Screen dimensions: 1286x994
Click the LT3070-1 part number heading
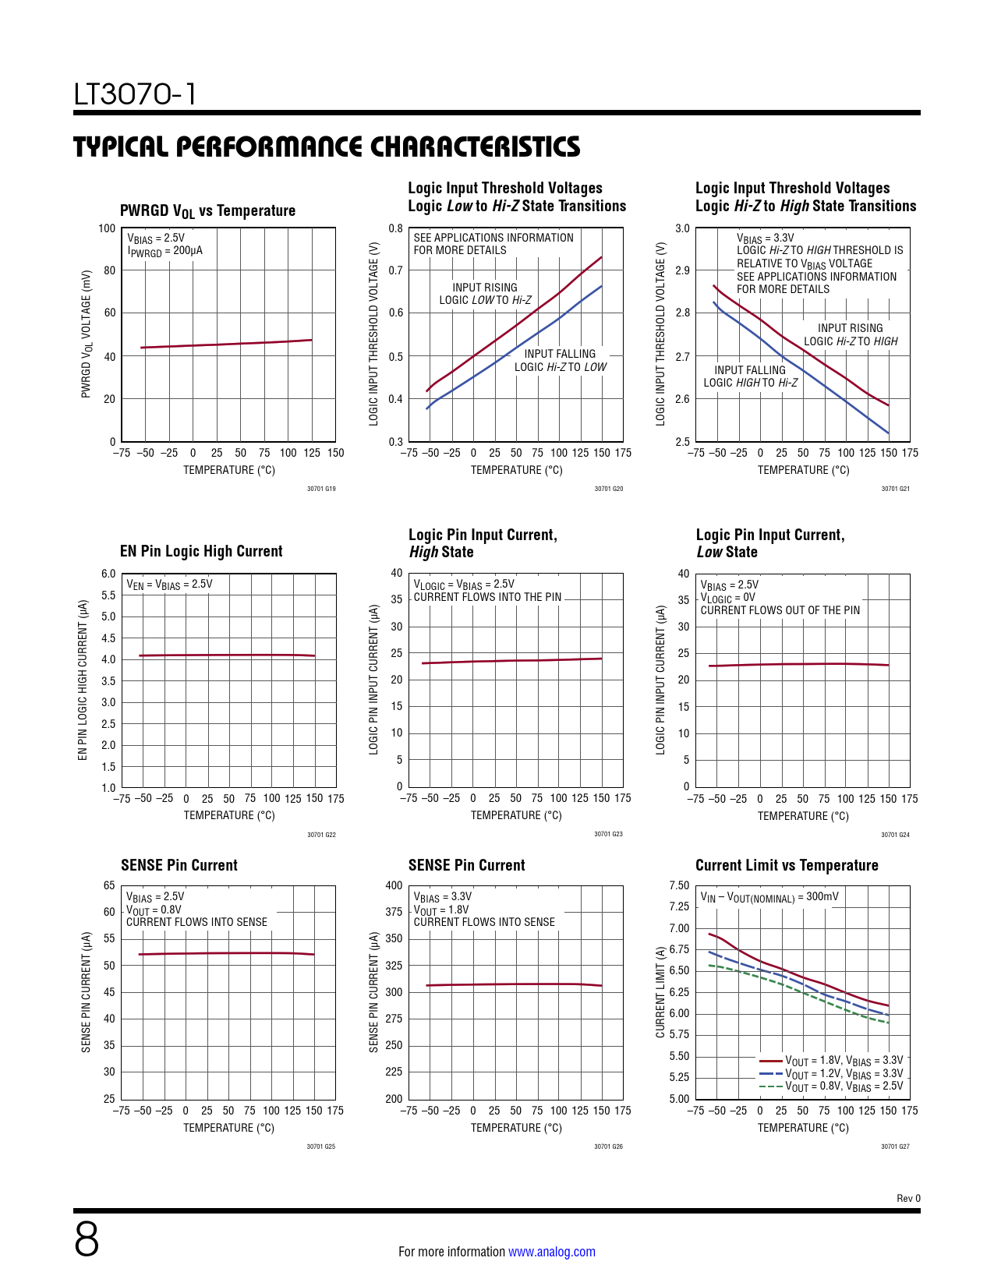coord(135,94)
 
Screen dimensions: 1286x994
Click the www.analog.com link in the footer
coord(551,1252)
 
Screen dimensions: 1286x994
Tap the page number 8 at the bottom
coord(87,1239)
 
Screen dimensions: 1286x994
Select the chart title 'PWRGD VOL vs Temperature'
coord(207,211)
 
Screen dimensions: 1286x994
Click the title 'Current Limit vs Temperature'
coord(787,865)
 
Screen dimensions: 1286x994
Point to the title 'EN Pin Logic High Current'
coord(201,551)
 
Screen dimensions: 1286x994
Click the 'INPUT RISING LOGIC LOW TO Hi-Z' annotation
coord(485,294)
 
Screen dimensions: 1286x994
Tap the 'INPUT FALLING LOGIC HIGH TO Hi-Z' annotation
coord(750,376)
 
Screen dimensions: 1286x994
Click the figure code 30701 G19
coord(321,489)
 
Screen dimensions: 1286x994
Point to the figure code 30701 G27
coord(895,1146)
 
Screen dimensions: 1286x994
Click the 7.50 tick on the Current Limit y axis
coord(679,885)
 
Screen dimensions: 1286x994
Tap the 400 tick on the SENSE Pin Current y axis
coord(394,885)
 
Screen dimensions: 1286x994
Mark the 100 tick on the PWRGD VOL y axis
coord(107,228)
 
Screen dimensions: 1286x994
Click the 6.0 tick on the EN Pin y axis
coord(108,574)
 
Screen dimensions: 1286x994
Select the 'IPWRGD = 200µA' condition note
coord(164,251)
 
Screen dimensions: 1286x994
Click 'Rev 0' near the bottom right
coord(908,1198)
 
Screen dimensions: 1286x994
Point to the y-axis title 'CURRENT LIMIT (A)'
coord(660,992)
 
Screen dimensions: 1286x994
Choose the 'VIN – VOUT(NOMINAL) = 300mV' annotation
coord(769,897)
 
